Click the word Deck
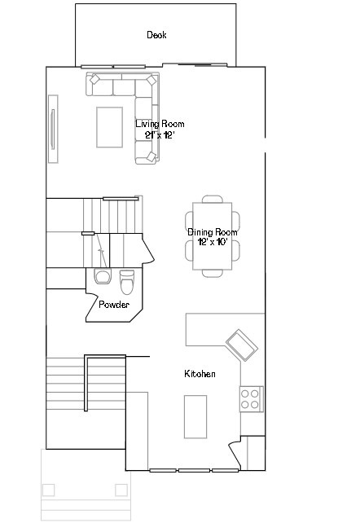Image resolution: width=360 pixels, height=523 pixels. click(x=156, y=35)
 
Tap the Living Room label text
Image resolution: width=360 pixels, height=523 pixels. click(x=160, y=124)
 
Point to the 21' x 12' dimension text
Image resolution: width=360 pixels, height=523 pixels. click(x=160, y=134)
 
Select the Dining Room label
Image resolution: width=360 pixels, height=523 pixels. click(x=213, y=232)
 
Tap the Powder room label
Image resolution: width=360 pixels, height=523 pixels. click(x=114, y=305)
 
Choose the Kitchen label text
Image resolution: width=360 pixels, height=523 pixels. click(x=200, y=374)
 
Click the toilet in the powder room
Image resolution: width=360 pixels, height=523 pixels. click(x=126, y=282)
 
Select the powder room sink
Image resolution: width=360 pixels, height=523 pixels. click(x=102, y=277)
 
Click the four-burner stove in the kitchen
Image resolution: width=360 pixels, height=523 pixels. click(x=251, y=398)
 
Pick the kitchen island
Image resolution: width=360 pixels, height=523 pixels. click(x=195, y=416)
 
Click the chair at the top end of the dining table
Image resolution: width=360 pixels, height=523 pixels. click(x=213, y=198)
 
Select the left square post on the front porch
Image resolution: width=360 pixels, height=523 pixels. click(x=49, y=490)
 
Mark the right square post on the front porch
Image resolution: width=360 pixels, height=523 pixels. click(x=121, y=490)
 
